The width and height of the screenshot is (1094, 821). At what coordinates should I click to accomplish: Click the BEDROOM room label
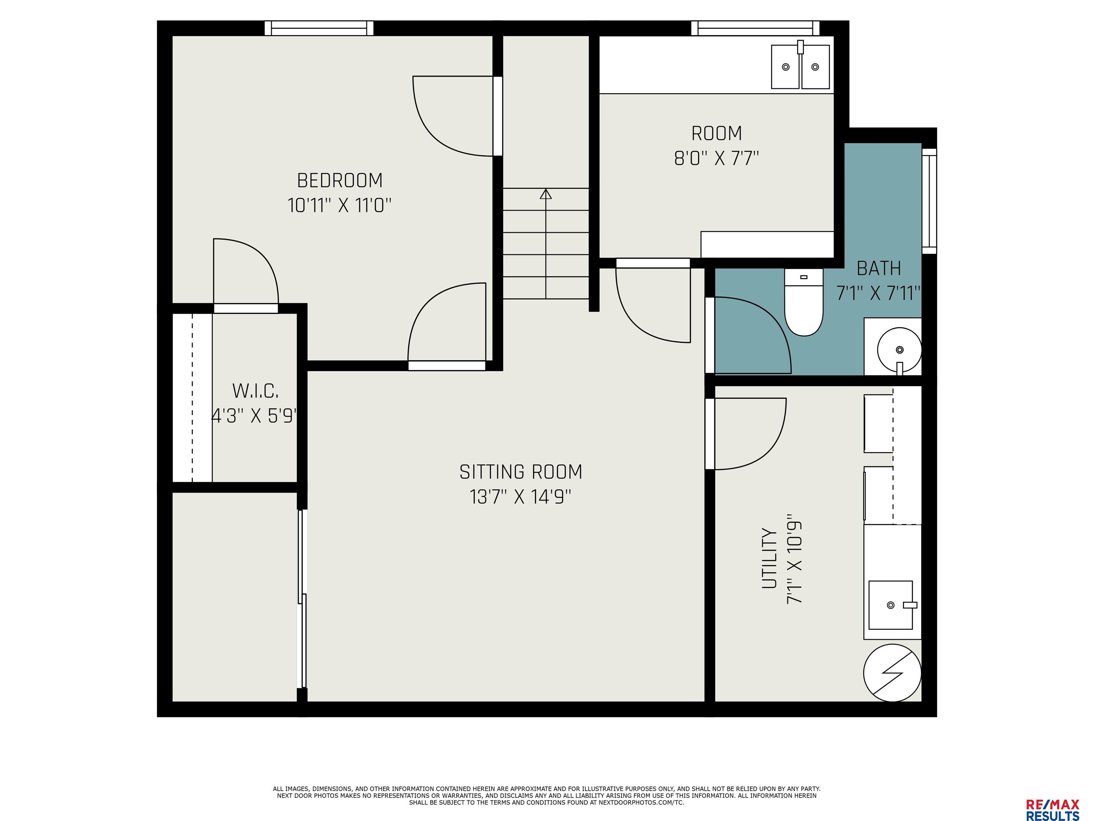point(340,180)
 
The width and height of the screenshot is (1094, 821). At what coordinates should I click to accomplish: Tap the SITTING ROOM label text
point(521,472)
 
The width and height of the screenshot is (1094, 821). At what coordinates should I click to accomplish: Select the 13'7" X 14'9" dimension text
point(520,496)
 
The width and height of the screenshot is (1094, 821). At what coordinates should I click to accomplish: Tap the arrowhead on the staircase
point(546,194)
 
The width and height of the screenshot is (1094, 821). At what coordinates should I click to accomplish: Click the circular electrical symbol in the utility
point(892,672)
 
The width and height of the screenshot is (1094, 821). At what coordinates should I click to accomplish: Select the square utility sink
point(891,605)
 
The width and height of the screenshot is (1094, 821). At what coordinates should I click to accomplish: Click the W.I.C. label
point(255,391)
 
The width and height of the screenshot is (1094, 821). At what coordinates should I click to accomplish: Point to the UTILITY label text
point(769,558)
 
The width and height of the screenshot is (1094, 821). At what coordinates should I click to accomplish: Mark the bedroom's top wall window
point(319,28)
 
